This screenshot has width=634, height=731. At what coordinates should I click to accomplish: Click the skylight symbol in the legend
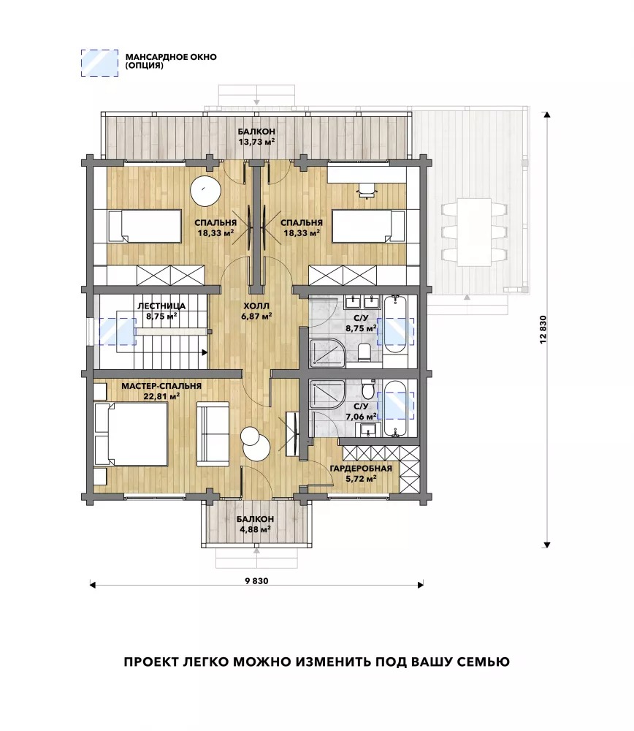click(99, 63)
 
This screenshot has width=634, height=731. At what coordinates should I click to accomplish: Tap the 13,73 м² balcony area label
click(256, 141)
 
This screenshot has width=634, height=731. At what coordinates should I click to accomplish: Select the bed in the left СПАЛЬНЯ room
click(145, 226)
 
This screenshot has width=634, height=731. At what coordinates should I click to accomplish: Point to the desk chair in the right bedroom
click(367, 190)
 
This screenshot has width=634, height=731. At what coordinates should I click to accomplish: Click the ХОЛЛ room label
click(256, 306)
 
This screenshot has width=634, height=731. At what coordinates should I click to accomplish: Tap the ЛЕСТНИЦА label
click(161, 306)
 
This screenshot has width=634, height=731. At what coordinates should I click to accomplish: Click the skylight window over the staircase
click(118, 331)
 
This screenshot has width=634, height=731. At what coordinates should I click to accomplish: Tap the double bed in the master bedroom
click(131, 434)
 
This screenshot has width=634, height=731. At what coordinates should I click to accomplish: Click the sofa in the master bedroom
click(213, 433)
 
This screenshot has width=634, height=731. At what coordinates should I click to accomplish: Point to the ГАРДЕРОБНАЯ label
click(361, 469)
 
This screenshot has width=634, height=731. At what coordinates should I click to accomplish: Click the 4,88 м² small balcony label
click(254, 529)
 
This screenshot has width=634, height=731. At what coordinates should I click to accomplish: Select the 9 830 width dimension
click(256, 581)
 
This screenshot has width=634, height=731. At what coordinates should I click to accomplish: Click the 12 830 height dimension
click(546, 330)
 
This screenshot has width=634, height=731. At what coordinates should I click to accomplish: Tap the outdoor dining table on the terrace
click(474, 232)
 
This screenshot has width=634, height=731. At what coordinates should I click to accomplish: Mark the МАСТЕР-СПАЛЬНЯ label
click(161, 386)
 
